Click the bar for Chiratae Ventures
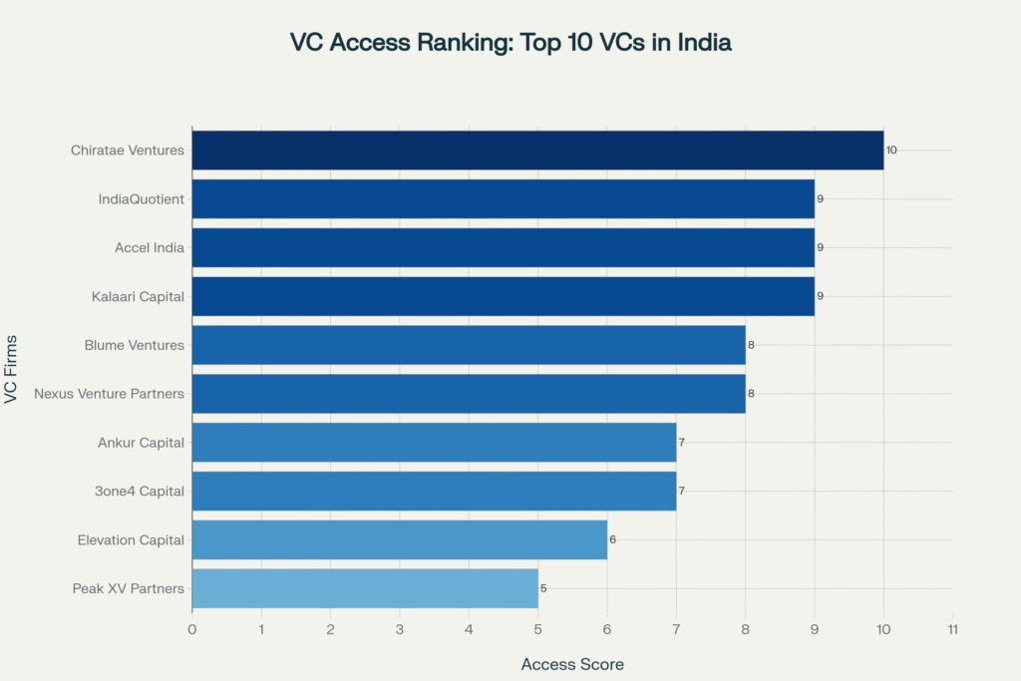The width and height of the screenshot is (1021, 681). pyautogui.click(x=537, y=150)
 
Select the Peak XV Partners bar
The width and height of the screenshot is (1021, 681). pyautogui.click(x=365, y=588)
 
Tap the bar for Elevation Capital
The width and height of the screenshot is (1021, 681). pyautogui.click(x=399, y=539)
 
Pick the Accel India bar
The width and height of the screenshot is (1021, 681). pyautogui.click(x=503, y=247)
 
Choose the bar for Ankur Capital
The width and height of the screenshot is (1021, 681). pyautogui.click(x=434, y=442)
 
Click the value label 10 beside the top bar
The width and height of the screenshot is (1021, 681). pyautogui.click(x=891, y=150)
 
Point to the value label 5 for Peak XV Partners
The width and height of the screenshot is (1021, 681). pyautogui.click(x=543, y=588)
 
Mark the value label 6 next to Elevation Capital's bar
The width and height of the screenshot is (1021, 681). pyautogui.click(x=612, y=539)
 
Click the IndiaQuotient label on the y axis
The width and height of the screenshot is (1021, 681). pyautogui.click(x=142, y=198)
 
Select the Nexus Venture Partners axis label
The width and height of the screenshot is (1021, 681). pyautogui.click(x=109, y=393)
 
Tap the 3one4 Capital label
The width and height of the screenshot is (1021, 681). pyautogui.click(x=141, y=491)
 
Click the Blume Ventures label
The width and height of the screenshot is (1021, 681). pyautogui.click(x=135, y=345)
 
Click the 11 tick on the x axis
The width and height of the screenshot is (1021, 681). pyautogui.click(x=952, y=629)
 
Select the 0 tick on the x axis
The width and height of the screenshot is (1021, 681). pyautogui.click(x=192, y=629)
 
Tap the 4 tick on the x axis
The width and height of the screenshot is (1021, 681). pyautogui.click(x=469, y=629)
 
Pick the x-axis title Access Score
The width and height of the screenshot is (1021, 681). pyautogui.click(x=572, y=664)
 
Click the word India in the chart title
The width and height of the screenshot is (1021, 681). pyautogui.click(x=703, y=43)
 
